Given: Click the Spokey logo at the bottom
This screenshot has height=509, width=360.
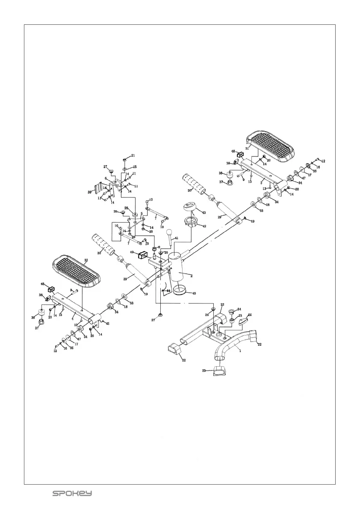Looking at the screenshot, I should point(72,494).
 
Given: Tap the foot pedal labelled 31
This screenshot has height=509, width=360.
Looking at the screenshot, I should point(270,147).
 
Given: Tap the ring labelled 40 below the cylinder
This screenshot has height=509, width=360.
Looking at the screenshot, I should point(180,292).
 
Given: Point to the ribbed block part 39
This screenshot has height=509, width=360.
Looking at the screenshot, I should point(99,188).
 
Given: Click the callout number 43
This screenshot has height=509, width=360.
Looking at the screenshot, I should point(204,212).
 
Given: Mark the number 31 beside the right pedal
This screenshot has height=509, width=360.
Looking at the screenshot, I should point(247,148).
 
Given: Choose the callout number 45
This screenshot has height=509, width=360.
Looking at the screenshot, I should point(107,324).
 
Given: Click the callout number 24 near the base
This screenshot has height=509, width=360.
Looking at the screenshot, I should point(239,309).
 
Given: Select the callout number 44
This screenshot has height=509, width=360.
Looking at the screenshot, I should point(168,290).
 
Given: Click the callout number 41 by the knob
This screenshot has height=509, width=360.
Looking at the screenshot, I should point(177,238).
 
